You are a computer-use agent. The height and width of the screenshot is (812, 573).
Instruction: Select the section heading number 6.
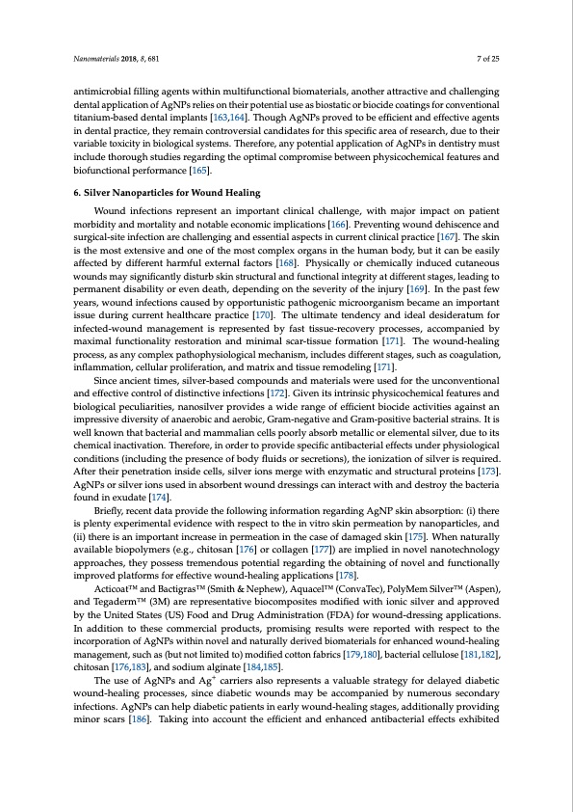pyautogui.click(x=77, y=193)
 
